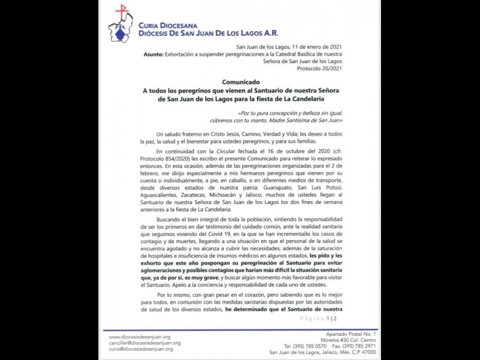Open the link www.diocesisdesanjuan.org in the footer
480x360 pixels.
(140, 337)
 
